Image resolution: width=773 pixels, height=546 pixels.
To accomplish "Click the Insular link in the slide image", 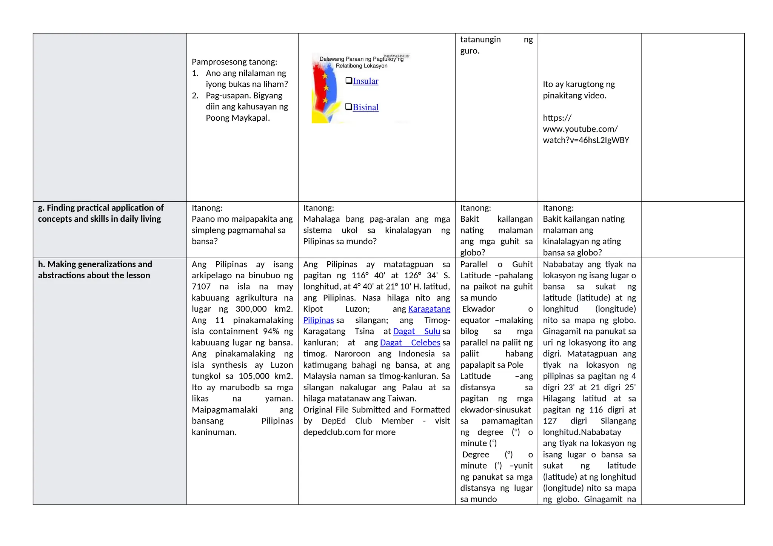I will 365,81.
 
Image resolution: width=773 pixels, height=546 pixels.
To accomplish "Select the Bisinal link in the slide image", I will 365,107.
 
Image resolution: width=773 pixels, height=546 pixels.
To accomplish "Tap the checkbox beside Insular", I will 349,80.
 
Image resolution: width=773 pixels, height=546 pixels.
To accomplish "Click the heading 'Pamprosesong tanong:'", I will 234,62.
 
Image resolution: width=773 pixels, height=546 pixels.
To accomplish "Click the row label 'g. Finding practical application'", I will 100,213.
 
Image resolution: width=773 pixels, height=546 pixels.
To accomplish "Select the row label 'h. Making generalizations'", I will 95,270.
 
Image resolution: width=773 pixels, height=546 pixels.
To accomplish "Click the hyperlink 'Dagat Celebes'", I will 410,342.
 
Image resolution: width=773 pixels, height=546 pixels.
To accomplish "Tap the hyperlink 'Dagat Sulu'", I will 416,331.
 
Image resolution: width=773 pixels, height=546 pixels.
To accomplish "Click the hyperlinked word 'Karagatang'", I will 429,309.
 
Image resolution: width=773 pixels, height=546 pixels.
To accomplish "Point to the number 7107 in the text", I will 201,287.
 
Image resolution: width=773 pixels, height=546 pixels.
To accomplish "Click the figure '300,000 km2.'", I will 264,309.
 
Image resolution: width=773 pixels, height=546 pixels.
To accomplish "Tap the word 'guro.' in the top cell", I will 470,51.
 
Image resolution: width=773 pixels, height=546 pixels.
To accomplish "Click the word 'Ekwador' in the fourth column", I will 478,309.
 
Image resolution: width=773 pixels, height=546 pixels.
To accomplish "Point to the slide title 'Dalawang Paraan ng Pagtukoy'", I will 361,59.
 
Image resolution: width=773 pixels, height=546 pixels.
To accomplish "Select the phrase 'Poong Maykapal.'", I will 238,118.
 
